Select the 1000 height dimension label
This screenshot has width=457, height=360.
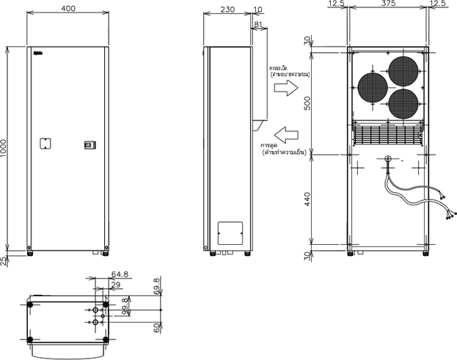(5, 147)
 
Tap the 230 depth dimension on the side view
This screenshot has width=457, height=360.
(227, 10)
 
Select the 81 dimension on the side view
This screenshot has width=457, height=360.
(257, 25)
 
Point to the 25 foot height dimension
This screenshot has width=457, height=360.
(5, 260)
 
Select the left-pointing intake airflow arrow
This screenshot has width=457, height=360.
(283, 133)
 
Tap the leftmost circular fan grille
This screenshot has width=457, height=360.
(373, 89)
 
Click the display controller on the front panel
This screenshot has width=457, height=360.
(89, 144)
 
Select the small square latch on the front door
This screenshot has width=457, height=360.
(44, 143)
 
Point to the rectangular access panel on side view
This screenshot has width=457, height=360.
(231, 232)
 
